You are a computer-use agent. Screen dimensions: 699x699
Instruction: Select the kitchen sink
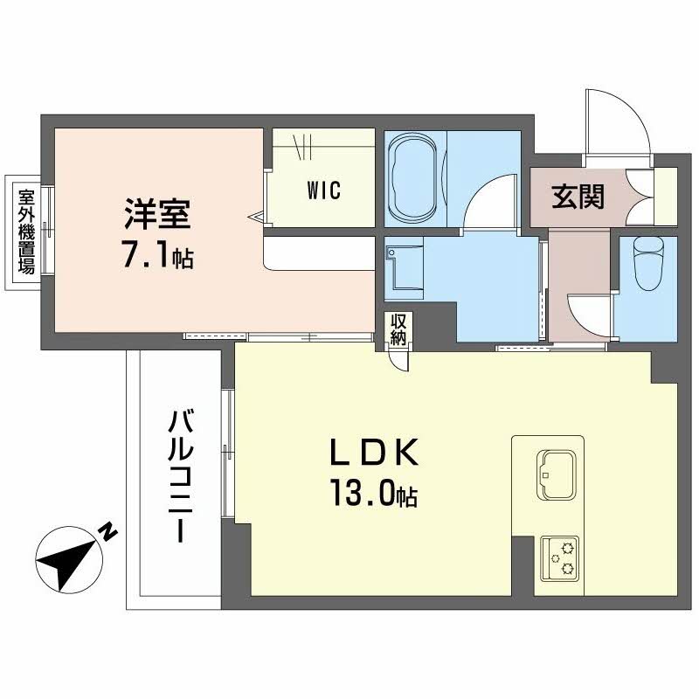coord(557,474)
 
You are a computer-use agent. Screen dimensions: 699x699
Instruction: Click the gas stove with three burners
coord(560,558)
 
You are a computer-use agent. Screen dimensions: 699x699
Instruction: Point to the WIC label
coord(324,190)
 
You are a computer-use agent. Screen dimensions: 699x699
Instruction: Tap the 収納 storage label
coord(398,329)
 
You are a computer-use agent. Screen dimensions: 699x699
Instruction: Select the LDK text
coord(374,452)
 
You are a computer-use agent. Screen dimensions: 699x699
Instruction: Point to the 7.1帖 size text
coord(158,256)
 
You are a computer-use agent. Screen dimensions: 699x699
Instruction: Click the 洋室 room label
coord(158,214)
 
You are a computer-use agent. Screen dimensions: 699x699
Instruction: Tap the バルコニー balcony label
coord(181,476)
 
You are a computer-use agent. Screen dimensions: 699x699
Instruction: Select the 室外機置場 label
coord(26,232)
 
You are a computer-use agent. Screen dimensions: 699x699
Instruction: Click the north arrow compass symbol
coord(69,560)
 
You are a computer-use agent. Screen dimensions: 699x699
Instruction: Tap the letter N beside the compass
coord(107,531)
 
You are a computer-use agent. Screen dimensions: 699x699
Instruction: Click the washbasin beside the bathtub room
coord(405,268)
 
